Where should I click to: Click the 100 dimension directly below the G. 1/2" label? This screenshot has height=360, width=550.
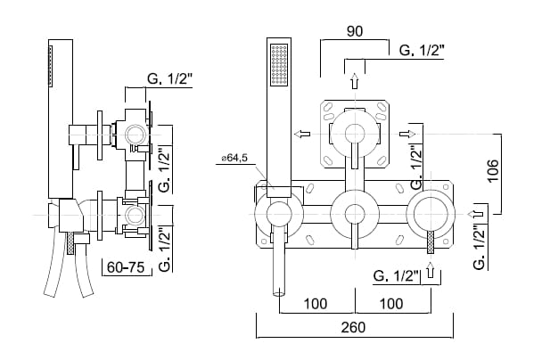(x=390, y=302)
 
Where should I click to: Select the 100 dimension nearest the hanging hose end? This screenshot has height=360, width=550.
(x=314, y=302)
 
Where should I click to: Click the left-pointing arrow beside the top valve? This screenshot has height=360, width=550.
(x=305, y=134)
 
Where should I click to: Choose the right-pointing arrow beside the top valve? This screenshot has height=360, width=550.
(x=407, y=134)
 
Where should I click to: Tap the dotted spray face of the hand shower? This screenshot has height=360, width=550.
(x=279, y=67)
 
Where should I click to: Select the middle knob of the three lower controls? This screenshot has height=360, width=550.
(x=355, y=215)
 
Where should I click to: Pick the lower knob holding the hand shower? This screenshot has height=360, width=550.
(x=277, y=215)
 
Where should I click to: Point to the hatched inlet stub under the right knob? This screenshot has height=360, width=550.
(x=431, y=241)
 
